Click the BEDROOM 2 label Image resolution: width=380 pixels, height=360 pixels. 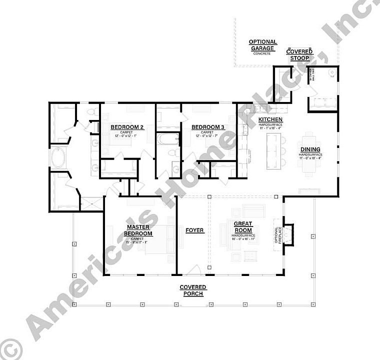pos(127,127)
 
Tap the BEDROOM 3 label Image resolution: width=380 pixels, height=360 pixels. pos(208,127)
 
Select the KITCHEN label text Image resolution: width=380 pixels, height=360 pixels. pos(270,119)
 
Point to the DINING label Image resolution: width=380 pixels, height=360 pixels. pos(310,149)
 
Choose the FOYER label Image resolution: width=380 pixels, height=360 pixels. pos(194,230)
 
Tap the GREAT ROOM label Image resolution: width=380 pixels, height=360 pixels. pos(243,227)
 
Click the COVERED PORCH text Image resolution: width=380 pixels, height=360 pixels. pos(193,290)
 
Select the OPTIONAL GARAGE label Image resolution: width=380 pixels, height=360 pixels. pos(262,45)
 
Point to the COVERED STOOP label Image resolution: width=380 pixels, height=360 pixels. pos(299,55)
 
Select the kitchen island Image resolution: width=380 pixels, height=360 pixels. pos(273,153)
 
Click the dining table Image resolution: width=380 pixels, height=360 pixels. pos(310,152)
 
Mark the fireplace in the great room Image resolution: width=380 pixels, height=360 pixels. pos(287,235)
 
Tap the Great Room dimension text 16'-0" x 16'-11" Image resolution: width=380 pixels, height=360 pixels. pos(243,239)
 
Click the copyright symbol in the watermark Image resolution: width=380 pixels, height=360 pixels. pos(10,347)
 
